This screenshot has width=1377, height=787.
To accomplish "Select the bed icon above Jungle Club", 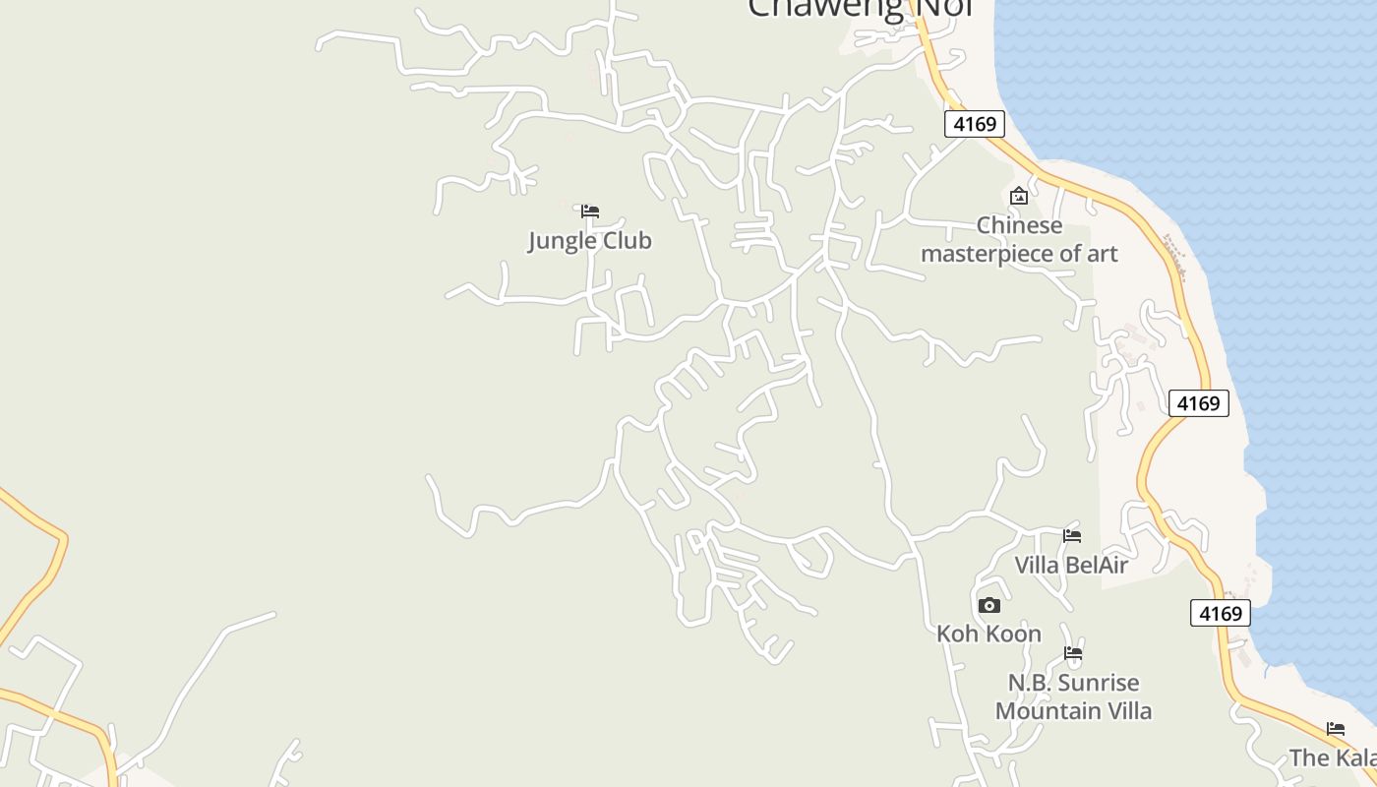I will pos(590,211).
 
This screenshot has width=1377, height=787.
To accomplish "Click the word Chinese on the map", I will pos(1019,225).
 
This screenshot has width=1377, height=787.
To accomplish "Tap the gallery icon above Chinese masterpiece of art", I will pos(1019,196).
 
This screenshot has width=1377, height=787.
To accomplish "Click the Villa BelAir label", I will pos(1071,565).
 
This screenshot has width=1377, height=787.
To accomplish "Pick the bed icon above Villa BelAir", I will pos(1072,535).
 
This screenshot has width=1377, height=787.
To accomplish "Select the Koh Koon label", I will pos(988,634).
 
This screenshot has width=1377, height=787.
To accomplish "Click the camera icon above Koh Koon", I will pos(989,605).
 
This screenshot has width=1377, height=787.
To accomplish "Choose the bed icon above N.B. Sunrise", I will pos(1073,653).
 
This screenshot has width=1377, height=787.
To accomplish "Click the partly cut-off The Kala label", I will pos(1332,757).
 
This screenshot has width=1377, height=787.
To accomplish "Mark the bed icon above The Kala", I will pos(1336,729).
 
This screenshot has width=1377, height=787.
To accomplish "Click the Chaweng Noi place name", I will pos(860,9).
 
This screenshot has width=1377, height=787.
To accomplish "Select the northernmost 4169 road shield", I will pos(975,124).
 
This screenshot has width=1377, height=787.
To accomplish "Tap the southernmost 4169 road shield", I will pos(1221,613).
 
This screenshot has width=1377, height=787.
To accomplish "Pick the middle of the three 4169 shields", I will pos(1199,403).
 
